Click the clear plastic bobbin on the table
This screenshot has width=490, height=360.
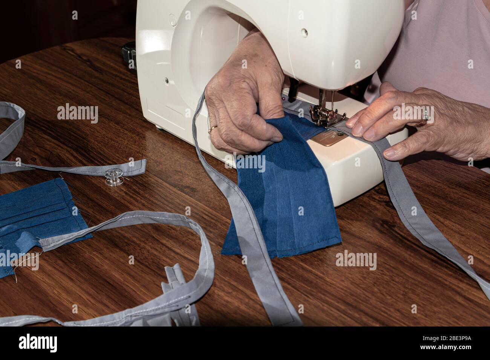[x=113, y=177]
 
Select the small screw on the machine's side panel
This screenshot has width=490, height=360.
[x=166, y=80]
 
